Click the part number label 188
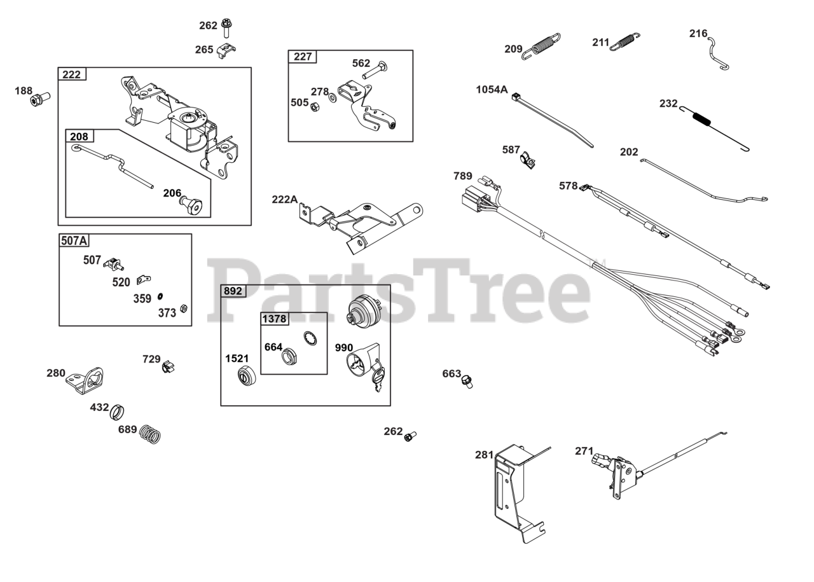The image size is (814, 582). [24, 91]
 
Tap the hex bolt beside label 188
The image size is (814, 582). [41, 99]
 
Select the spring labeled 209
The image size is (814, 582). [542, 46]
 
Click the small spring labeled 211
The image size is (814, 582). [624, 41]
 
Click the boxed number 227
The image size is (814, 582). [303, 57]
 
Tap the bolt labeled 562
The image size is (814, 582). [375, 70]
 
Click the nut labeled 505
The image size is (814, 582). [314, 106]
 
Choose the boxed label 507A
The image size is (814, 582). [74, 240]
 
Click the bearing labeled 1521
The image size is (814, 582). [244, 375]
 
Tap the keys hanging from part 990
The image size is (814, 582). [378, 378]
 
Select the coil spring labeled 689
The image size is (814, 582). [151, 434]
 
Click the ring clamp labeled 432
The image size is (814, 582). [118, 412]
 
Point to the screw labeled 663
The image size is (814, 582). [467, 382]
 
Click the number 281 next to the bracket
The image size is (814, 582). [484, 454]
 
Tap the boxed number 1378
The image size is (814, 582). [274, 318]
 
